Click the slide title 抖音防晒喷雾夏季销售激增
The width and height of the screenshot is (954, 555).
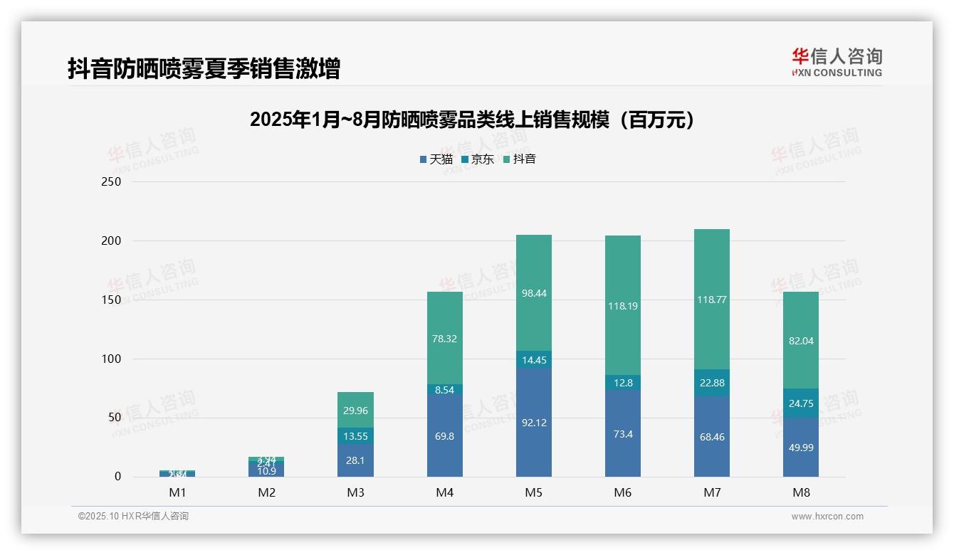coord(204,68)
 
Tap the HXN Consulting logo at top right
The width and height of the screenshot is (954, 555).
coord(837,63)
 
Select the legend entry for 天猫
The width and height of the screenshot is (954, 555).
coord(436,159)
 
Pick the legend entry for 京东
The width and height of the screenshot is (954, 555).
coord(477,159)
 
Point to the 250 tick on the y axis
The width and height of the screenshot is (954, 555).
coord(112,181)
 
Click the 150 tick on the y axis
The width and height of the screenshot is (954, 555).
coord(112,300)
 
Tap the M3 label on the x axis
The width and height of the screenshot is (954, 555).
coord(356,492)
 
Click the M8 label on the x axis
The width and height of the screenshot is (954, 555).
coord(801,492)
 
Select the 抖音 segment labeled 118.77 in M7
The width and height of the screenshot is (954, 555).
coord(712,300)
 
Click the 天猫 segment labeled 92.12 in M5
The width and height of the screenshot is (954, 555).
coord(534,423)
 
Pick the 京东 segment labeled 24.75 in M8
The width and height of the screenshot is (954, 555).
coord(801,403)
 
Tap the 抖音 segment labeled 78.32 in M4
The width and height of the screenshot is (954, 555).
coord(445,339)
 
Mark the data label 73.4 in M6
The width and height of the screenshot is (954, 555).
coord(623,434)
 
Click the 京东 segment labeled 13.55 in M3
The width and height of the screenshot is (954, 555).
coord(356,436)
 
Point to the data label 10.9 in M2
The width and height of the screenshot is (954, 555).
coord(267,471)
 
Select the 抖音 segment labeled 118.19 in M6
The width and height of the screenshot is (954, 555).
coord(623,306)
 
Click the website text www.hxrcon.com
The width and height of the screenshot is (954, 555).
coord(827,517)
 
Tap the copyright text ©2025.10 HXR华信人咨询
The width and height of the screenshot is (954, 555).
coord(133,516)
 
